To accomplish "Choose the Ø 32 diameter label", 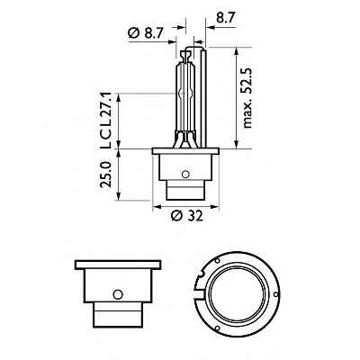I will click(x=186, y=216).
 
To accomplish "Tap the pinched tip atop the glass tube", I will click(x=184, y=52).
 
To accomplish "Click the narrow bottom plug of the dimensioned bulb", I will click(x=186, y=193).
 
